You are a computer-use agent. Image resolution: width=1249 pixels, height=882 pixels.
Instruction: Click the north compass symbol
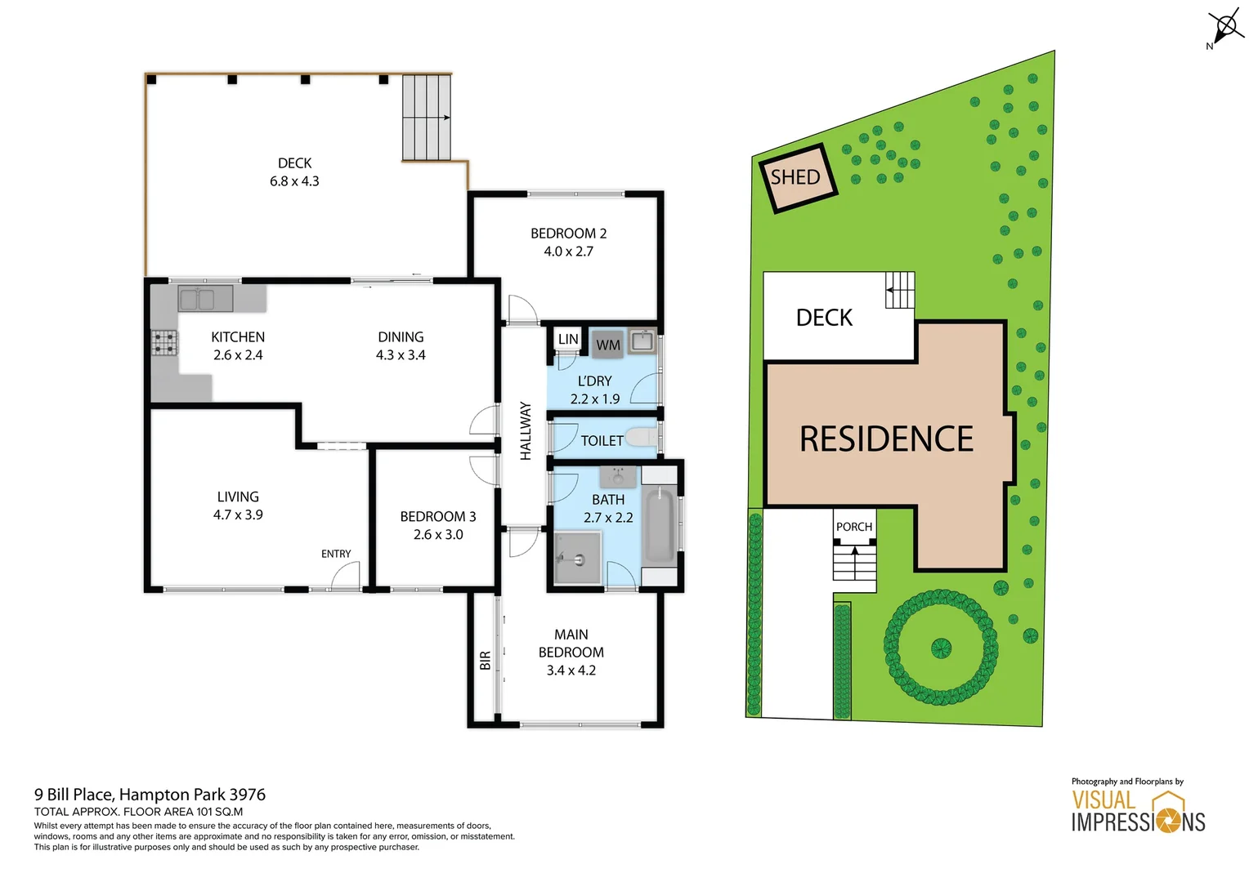(1225, 27)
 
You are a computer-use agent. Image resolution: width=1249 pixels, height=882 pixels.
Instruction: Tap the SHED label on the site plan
(795, 177)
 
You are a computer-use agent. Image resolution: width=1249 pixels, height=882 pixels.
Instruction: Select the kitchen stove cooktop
(164, 342)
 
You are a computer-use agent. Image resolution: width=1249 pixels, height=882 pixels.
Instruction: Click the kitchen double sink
(196, 300)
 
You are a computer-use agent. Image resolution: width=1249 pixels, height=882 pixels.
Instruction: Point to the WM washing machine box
(607, 345)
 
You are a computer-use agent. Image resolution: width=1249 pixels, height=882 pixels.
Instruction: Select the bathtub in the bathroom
(659, 525)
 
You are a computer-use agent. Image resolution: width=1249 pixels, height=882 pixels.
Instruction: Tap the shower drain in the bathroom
(579, 560)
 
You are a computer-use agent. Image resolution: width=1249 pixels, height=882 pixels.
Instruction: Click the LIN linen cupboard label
(568, 339)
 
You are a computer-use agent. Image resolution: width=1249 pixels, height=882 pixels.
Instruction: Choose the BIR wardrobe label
(485, 660)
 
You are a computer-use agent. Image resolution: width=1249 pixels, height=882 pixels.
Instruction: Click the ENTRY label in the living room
(336, 554)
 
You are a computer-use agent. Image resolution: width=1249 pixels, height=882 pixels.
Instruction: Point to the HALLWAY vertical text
(526, 430)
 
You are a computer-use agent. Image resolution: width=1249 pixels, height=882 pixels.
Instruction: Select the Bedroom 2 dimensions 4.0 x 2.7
(568, 252)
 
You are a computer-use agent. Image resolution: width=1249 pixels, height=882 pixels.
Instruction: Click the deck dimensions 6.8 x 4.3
(294, 181)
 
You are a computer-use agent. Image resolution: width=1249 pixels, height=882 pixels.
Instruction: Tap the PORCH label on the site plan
(854, 527)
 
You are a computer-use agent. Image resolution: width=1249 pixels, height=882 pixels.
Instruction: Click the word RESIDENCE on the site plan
(886, 439)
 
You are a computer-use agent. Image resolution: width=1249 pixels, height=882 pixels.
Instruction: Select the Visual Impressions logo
(1138, 810)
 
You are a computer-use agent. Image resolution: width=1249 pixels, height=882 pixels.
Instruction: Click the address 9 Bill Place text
(150, 794)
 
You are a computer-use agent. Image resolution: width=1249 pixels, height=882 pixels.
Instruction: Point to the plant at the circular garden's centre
(941, 648)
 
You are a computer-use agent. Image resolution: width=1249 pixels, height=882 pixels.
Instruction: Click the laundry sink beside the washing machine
(642, 341)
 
